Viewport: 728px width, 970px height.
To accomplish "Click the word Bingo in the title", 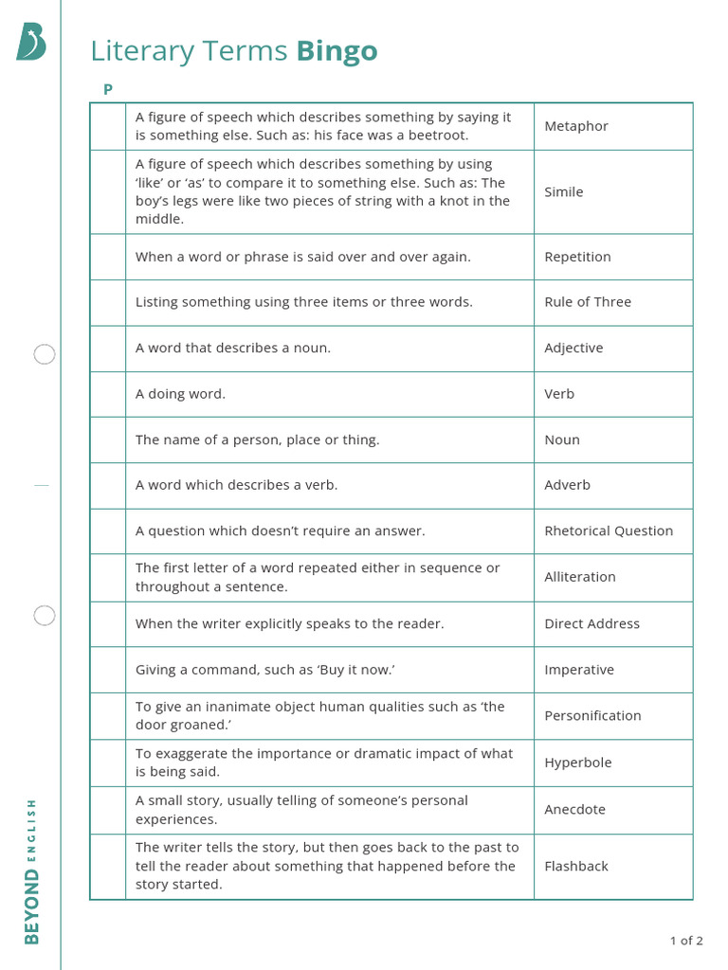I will [337, 51].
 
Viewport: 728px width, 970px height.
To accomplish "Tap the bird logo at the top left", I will [30, 43].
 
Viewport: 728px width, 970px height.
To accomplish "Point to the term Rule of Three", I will [588, 302].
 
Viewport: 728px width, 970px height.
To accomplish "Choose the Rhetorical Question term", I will [609, 530].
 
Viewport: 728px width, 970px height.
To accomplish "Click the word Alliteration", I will [580, 577].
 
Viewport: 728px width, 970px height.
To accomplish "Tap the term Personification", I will [592, 715].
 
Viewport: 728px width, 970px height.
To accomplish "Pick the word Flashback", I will [576, 866].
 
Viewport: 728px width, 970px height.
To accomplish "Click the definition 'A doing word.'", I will [181, 394].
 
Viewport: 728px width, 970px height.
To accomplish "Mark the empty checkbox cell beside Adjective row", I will [108, 349].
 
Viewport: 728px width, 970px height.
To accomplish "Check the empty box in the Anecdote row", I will [108, 810].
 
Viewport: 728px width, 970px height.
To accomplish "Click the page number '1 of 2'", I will [686, 941].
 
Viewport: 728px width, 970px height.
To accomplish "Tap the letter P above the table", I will [108, 89].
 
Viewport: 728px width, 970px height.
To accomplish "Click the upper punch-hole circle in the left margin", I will [45, 355].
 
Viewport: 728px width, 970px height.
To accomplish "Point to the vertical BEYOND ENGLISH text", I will [32, 871].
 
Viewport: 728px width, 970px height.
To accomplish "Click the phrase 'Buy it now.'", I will [356, 670].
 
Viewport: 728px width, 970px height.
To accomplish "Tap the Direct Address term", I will [591, 623].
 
